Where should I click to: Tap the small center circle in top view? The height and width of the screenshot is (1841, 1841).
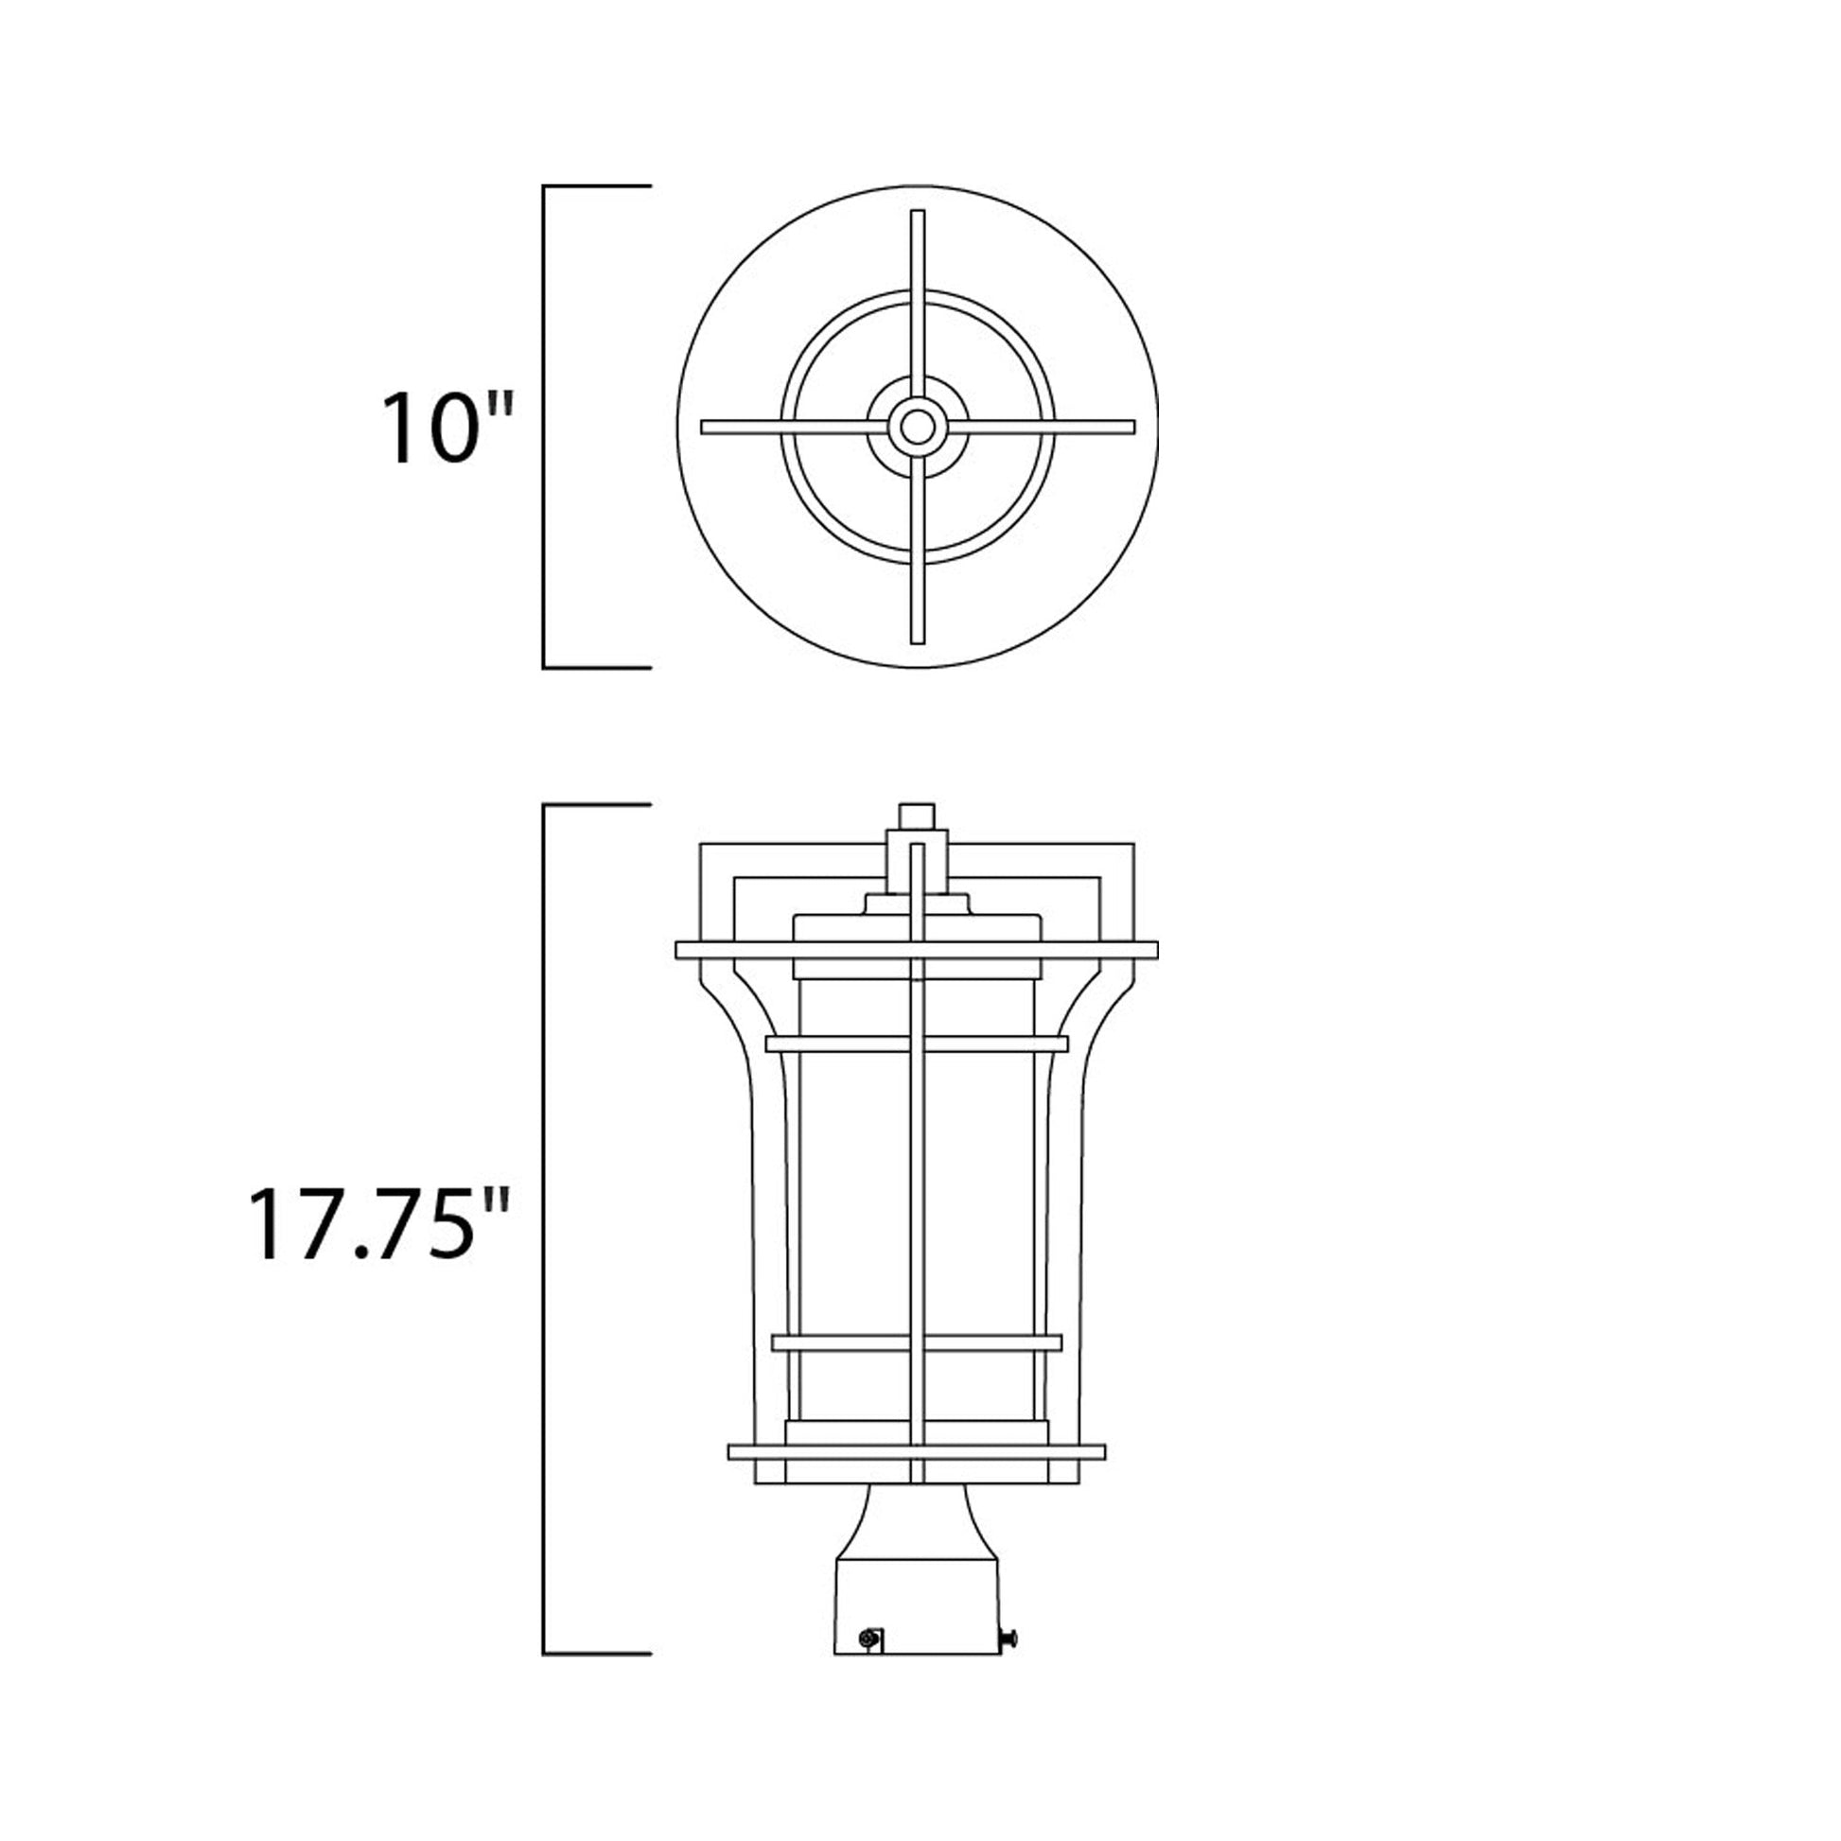(917, 427)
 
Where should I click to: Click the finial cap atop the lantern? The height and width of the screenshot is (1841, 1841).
(916, 815)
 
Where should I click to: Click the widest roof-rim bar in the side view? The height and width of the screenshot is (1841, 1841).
(916, 950)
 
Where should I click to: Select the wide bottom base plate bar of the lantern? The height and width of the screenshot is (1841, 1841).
(916, 1479)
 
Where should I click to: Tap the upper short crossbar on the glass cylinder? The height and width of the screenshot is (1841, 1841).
(916, 1043)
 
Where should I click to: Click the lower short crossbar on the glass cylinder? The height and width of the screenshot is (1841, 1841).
(916, 1342)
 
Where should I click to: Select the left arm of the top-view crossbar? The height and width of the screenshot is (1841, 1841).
(781, 427)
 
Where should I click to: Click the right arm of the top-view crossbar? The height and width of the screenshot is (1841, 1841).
(1048, 427)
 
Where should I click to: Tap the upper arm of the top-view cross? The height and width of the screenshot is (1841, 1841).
(918, 286)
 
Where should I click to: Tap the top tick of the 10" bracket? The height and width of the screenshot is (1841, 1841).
(597, 186)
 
